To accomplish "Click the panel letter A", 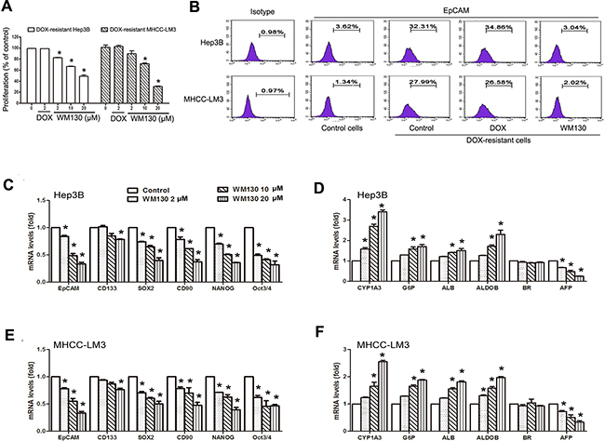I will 7,8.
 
